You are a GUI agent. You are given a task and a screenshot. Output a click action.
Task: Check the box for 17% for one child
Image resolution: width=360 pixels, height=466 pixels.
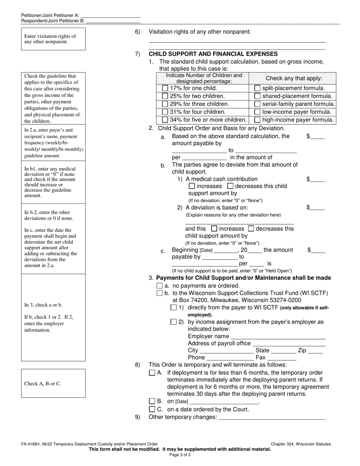[165, 88]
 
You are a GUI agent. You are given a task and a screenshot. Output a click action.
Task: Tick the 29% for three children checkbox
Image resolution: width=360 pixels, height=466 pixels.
[165, 104]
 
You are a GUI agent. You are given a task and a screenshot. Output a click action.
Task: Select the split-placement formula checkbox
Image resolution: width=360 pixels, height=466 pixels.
[257, 88]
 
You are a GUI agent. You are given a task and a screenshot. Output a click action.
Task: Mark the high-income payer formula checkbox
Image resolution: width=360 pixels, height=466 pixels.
[257, 120]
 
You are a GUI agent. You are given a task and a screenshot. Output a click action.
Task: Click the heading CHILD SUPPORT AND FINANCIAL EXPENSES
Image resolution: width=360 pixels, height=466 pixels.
[213, 54]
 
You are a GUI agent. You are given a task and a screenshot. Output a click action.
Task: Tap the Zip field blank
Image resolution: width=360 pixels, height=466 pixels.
[315, 351]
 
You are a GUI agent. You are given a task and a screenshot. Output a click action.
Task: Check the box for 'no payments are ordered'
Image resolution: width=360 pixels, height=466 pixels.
[160, 286]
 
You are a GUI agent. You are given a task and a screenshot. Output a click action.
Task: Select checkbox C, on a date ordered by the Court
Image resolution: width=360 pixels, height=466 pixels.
[152, 409]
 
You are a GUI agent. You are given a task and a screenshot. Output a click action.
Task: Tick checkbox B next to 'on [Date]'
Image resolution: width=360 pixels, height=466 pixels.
[152, 401]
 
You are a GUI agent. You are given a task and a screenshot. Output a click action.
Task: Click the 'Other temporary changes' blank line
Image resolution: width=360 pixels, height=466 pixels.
[272, 418]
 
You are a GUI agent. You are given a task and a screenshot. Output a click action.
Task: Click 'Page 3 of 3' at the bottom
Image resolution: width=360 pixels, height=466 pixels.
[180, 455]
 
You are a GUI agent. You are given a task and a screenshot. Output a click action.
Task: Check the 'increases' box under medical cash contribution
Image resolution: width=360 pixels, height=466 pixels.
[192, 186]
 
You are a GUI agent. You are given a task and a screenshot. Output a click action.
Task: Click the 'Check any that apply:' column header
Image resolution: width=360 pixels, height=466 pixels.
[294, 78]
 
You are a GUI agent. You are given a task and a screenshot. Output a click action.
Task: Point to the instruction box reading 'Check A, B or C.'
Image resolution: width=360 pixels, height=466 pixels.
[53, 383]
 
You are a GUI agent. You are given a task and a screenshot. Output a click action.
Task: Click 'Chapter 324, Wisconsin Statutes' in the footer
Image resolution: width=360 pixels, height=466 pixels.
[301, 444]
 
